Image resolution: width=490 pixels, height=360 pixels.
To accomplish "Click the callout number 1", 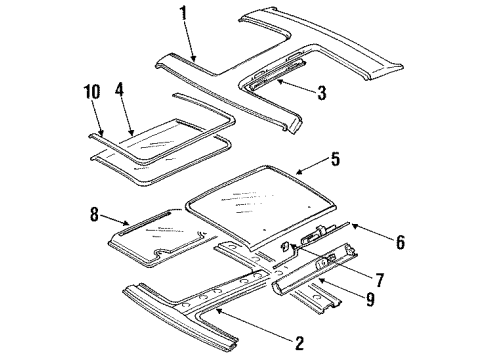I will click(183, 15).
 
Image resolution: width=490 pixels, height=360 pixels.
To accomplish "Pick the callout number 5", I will click(334, 157).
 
